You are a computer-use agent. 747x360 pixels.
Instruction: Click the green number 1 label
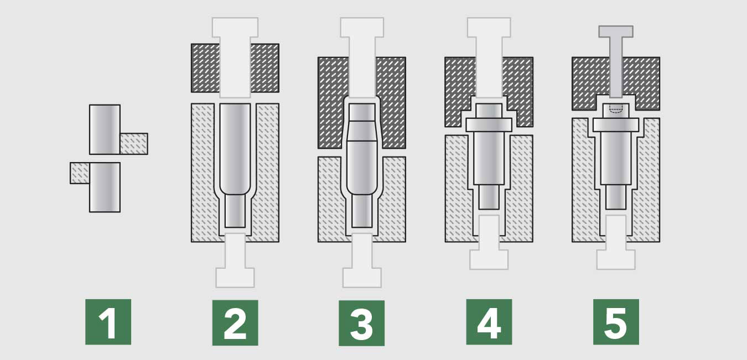pos(108,322)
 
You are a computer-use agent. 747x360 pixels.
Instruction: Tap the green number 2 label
pos(235,322)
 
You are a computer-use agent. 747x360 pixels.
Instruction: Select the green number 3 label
pos(361,323)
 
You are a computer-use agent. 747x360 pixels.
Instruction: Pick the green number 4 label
pos(489,322)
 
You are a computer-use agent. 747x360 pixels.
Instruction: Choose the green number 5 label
pos(616,322)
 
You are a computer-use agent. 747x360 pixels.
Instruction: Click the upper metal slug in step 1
pos(105,129)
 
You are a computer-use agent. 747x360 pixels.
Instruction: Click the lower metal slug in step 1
pos(105,187)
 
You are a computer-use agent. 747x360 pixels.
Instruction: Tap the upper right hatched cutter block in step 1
pos(134,144)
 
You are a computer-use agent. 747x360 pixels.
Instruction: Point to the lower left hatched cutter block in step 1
pos(80,173)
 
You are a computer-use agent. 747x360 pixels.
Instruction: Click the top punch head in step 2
pos(235,27)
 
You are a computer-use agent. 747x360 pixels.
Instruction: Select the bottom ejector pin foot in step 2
pos(235,278)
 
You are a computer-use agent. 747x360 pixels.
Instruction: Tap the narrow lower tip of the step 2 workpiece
pos(235,211)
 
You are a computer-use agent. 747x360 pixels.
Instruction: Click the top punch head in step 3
pos(362,27)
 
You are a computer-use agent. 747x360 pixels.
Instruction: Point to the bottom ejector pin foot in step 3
pos(362,278)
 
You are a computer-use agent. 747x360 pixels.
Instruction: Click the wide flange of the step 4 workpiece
pos(489,124)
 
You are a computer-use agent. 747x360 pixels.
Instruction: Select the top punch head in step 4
pos(489,27)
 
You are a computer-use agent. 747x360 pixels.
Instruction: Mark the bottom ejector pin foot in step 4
pos(489,259)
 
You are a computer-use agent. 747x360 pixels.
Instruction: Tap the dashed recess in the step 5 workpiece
pos(616,109)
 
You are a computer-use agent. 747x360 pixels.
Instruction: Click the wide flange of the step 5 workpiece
pos(616,124)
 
